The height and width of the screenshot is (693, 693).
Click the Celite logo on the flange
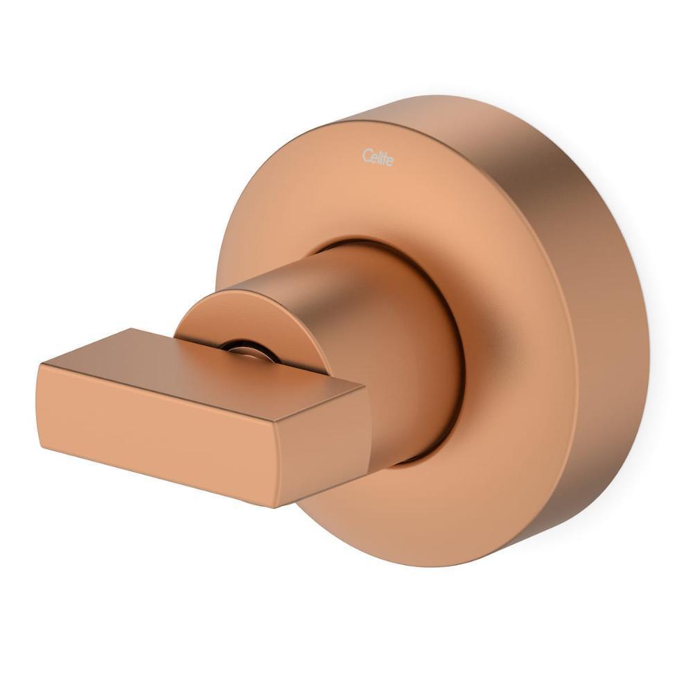[378, 157]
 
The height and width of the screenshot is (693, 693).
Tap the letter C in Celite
[366, 156]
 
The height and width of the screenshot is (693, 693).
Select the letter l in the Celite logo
[377, 157]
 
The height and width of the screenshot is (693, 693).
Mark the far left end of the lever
[37, 402]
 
